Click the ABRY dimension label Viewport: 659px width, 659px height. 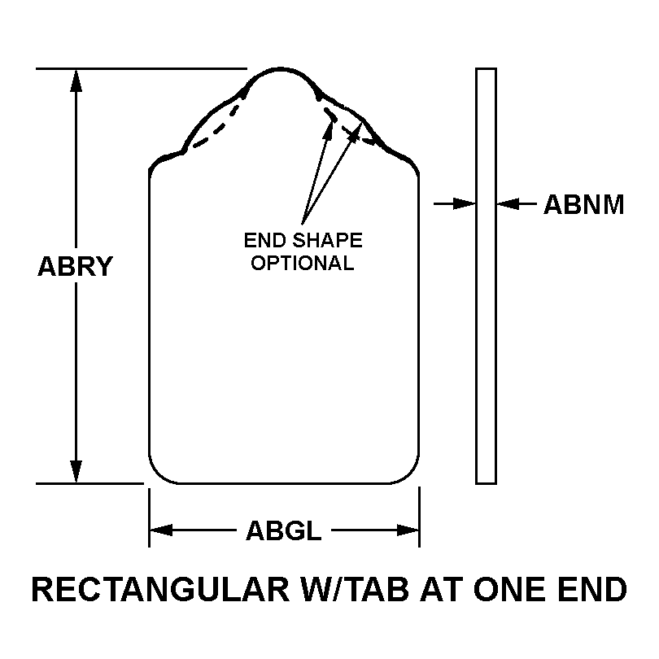(76, 266)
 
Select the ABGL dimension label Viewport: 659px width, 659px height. (284, 530)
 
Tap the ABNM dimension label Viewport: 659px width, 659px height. (584, 205)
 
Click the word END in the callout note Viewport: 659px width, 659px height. (264, 240)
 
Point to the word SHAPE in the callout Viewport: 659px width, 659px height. (327, 240)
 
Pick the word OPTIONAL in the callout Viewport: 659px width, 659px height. (303, 263)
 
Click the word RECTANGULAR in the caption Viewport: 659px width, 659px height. (161, 589)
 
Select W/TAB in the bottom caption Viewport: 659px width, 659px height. (353, 589)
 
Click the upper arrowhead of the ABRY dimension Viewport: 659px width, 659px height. (76, 80)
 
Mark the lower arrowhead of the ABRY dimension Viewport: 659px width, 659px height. (76, 472)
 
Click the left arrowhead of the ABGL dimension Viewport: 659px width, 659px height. (161, 530)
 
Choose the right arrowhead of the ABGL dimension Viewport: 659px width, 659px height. (408, 530)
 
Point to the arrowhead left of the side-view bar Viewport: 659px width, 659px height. (465, 204)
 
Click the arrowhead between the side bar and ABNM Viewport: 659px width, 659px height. (508, 204)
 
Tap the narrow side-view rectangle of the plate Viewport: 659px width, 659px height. (487, 276)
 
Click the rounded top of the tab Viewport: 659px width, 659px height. (281, 68)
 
